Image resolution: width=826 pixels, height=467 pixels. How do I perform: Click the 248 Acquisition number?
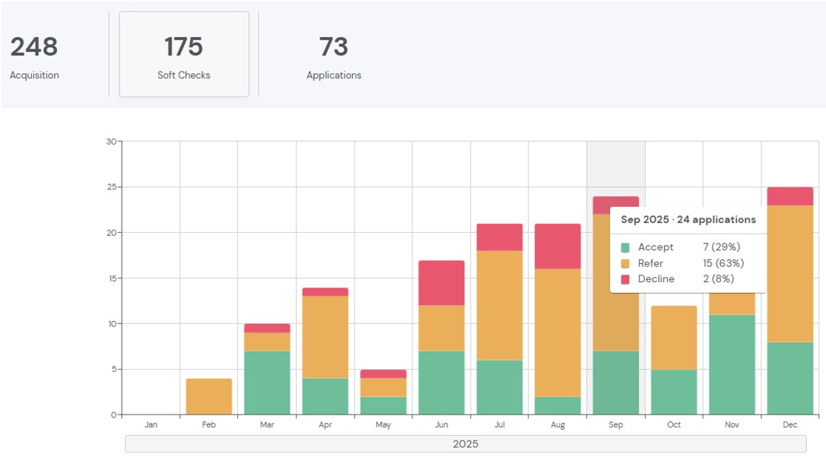[34, 47]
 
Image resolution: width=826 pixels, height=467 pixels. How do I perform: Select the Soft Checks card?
[184, 54]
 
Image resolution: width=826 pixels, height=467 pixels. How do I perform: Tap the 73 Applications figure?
[334, 47]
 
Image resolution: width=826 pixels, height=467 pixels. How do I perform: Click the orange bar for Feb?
[209, 396]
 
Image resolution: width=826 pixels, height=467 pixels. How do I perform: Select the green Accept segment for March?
[267, 383]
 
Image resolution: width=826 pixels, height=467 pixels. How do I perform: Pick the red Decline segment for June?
[441, 283]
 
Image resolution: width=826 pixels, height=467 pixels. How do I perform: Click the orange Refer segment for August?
[558, 332]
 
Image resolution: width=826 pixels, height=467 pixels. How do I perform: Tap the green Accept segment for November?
[732, 364]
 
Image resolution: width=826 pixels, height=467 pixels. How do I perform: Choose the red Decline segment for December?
[789, 196]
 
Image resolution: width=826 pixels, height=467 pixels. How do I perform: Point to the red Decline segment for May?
[383, 373]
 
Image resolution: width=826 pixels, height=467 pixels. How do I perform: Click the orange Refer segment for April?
[325, 337]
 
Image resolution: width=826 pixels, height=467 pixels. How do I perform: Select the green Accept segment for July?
[500, 387]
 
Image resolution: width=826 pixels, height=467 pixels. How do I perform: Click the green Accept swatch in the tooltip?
[625, 247]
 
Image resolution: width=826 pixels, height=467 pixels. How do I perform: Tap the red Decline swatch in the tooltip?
[625, 279]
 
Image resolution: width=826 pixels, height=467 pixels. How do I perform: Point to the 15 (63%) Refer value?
[723, 263]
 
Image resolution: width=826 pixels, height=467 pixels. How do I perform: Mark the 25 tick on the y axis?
[112, 187]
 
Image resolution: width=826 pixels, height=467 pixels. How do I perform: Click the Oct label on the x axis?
[674, 425]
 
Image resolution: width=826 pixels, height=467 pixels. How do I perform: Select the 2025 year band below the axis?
[465, 443]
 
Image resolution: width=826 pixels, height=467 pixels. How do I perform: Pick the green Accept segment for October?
[674, 392]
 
